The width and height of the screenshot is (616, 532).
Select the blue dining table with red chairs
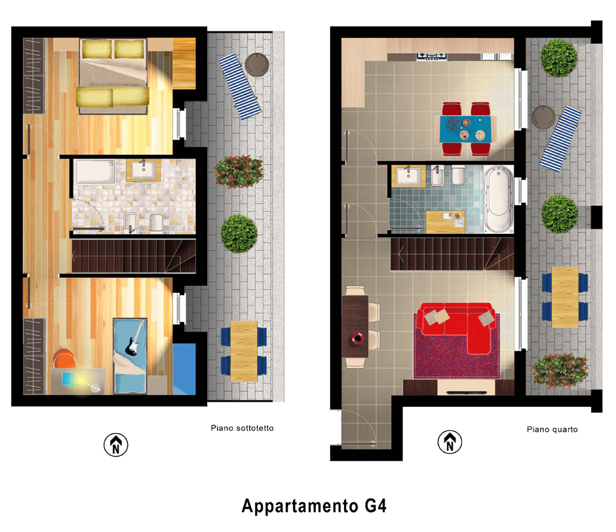(467, 128)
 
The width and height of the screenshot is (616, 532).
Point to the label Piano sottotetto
(242, 428)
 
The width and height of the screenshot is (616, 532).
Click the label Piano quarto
(552, 429)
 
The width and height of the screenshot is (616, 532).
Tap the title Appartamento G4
(314, 506)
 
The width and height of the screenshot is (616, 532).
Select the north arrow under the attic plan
(115, 445)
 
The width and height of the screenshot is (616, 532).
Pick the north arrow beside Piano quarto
(450, 442)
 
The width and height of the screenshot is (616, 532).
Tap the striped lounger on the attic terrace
(240, 86)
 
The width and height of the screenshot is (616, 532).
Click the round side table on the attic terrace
(257, 64)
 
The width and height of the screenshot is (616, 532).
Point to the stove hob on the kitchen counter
(432, 56)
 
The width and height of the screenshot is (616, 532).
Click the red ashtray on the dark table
(358, 338)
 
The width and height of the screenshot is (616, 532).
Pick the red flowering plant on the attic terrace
(239, 172)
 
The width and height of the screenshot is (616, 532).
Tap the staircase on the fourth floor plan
(452, 254)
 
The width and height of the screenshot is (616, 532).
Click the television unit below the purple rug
(459, 387)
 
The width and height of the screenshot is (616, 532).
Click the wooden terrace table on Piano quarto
(564, 297)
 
